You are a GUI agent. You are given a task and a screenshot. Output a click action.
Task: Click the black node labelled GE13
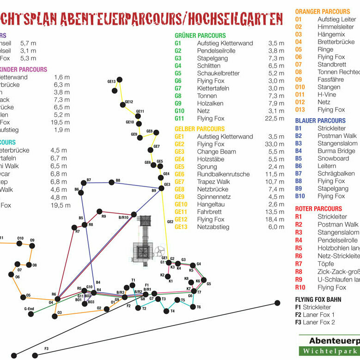click(120, 80)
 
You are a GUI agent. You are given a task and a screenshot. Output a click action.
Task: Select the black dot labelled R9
click(99, 212)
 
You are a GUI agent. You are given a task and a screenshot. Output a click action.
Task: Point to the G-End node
click(30, 314)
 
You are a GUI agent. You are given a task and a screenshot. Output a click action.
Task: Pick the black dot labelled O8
click(29, 264)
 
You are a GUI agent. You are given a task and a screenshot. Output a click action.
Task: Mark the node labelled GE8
click(156, 133)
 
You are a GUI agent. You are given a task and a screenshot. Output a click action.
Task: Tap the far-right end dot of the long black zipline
click(277, 303)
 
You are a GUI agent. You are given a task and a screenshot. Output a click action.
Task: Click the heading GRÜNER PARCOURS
click(200, 36)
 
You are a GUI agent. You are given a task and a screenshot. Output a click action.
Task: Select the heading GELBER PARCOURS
click(199, 129)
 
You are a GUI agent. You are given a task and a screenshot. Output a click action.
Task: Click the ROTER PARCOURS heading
click(318, 209)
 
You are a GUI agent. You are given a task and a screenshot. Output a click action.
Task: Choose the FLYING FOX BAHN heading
click(318, 300)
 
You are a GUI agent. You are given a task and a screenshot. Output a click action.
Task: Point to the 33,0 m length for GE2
click(276, 144)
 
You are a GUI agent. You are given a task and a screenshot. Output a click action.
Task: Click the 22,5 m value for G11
click(276, 119)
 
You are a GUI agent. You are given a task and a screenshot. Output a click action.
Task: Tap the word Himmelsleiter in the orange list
click(336, 27)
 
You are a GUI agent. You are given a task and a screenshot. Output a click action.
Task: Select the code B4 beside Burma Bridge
click(299, 151)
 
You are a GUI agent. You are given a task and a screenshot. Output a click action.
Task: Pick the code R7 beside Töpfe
click(299, 264)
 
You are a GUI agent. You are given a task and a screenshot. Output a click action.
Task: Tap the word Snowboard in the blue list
click(333, 158)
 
